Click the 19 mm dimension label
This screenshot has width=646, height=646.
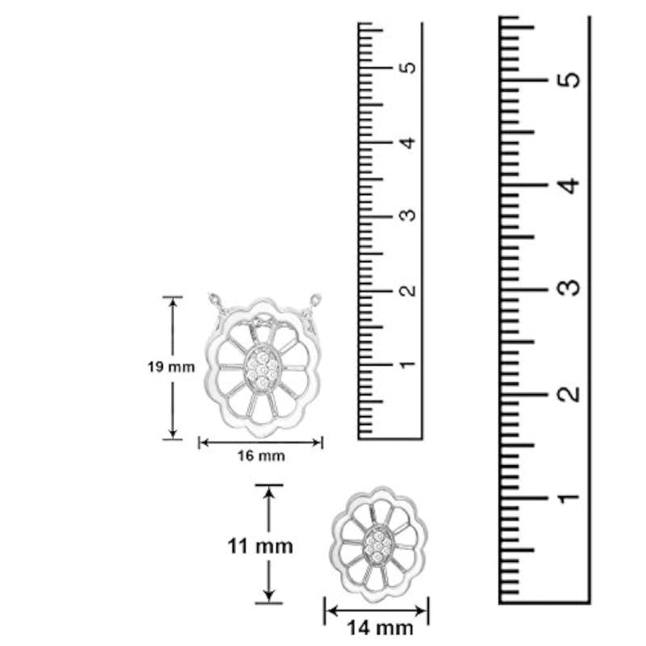tap(171, 367)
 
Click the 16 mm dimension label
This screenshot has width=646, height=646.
tap(261, 455)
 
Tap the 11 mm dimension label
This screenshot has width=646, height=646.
tap(260, 547)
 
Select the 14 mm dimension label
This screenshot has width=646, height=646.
tap(380, 628)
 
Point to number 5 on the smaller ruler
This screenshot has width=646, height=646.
tap(409, 68)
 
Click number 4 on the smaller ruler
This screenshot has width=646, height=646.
tap(409, 143)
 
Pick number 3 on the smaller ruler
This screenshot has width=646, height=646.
tap(409, 215)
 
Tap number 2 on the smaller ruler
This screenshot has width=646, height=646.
tap(409, 290)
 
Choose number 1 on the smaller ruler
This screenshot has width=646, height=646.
tap(409, 364)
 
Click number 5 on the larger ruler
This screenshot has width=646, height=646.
tap(569, 79)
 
